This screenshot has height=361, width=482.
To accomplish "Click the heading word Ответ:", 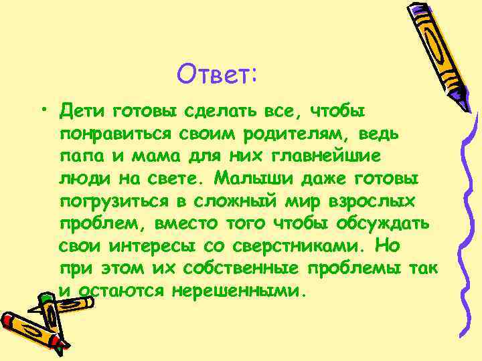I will [216, 72].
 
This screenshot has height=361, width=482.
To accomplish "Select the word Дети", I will [81, 109].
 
